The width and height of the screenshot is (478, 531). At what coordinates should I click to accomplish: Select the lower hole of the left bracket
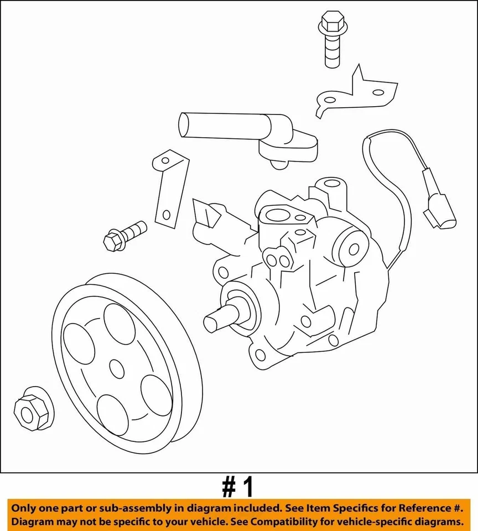click(x=165, y=215)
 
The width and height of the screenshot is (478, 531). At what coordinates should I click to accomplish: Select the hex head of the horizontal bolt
click(x=112, y=241)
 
